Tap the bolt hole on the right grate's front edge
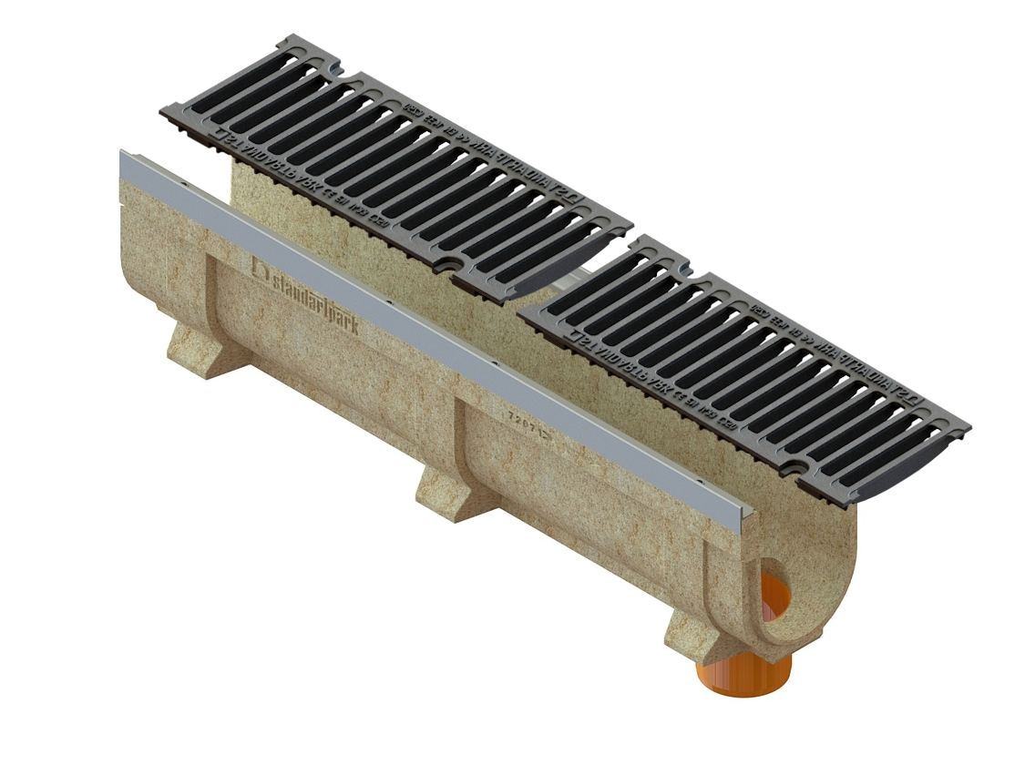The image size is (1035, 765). pyautogui.click(x=795, y=468)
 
